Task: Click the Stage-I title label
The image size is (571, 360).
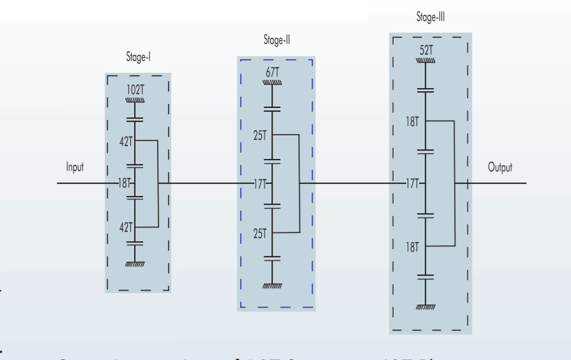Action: click(138, 57)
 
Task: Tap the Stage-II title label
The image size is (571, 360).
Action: click(276, 40)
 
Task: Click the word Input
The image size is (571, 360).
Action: click(75, 167)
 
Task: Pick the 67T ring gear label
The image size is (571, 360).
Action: click(273, 71)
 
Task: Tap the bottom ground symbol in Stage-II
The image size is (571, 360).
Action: click(273, 289)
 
